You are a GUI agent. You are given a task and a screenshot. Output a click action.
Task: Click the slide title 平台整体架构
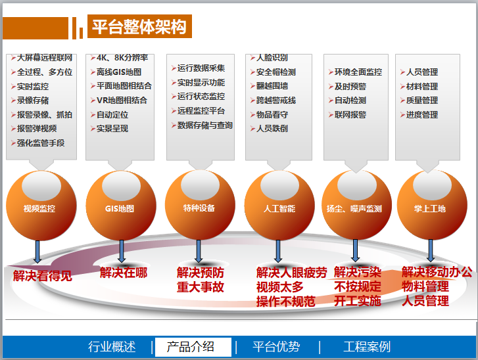pos(139,27)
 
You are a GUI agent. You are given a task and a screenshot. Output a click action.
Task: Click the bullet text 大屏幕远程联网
pos(45,58)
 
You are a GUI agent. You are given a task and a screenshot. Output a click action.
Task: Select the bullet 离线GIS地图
pos(119,72)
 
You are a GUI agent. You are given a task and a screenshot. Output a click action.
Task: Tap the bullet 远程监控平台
pos(201,111)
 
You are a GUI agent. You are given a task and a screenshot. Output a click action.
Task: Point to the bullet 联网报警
pos(350,115)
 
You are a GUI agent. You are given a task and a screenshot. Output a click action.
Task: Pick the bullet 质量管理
pos(422,101)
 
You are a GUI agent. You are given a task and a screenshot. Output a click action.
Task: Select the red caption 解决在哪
pos(124,273)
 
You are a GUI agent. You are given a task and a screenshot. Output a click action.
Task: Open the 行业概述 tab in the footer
pos(112,347)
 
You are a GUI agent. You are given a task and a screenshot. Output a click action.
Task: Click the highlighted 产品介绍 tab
pos(191,347)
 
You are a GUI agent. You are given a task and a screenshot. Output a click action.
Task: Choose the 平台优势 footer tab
pos(276,347)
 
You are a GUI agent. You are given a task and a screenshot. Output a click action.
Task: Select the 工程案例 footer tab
pos(367,347)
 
